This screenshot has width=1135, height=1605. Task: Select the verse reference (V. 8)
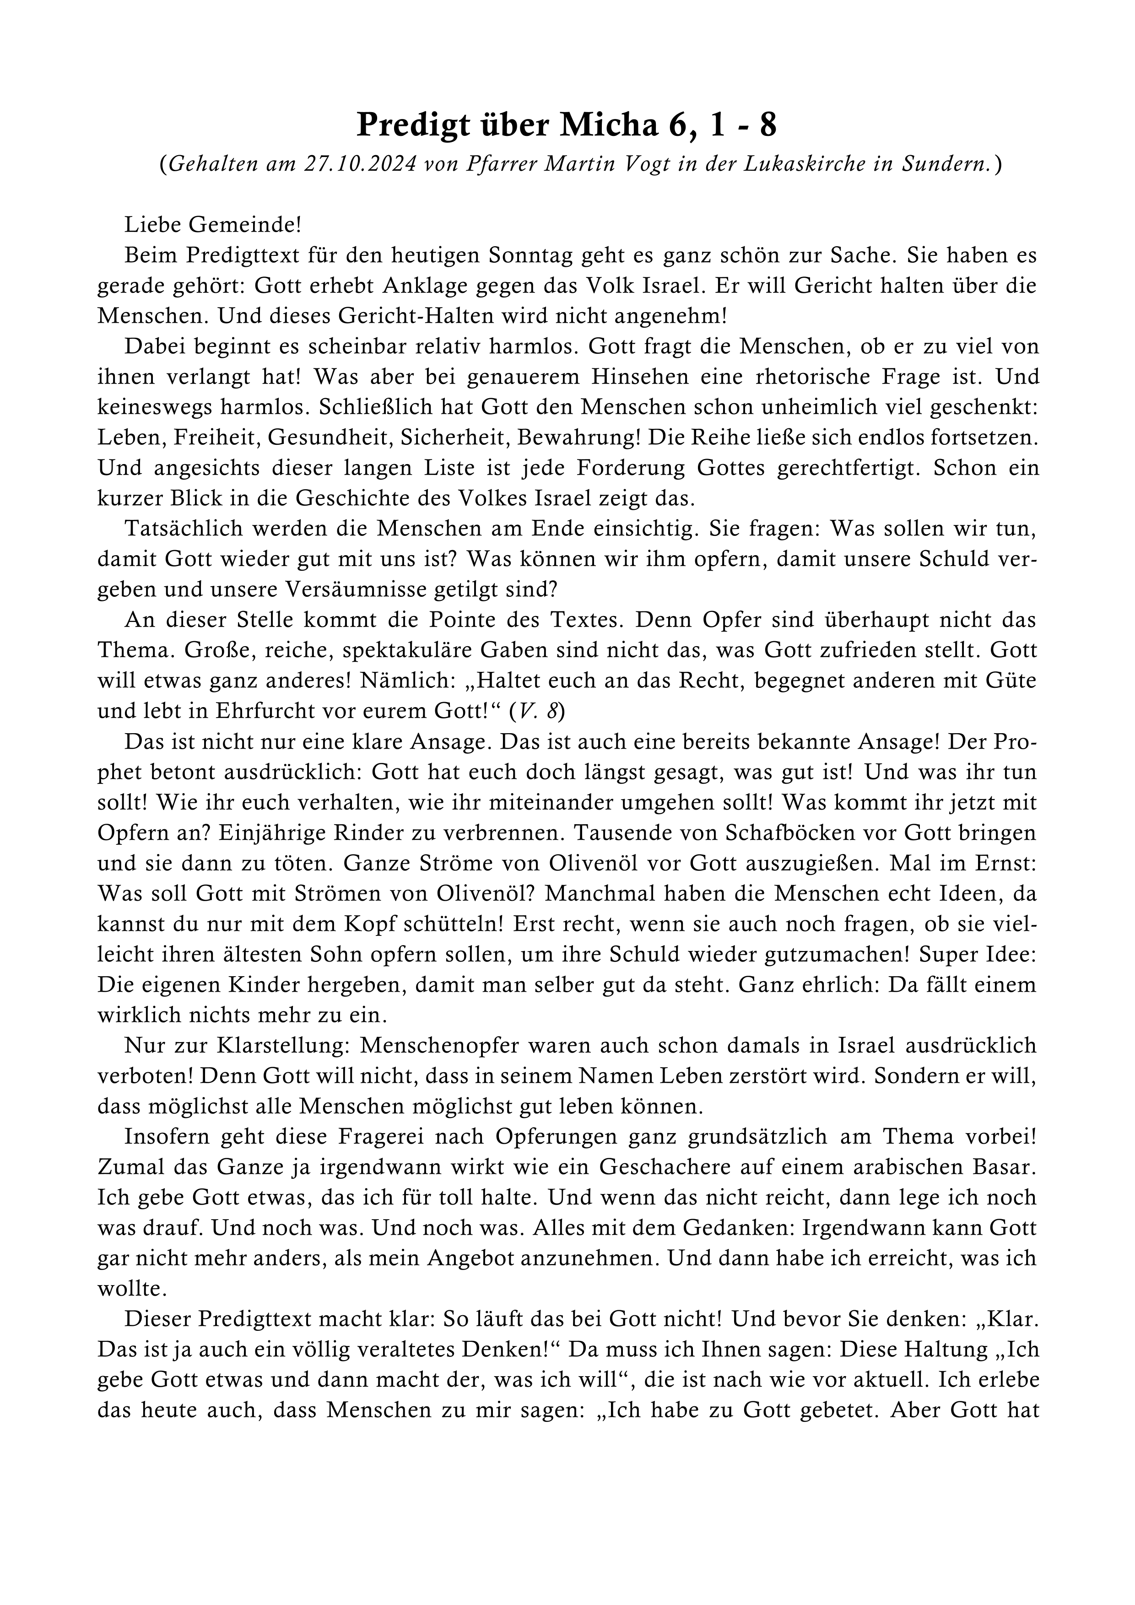537,711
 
